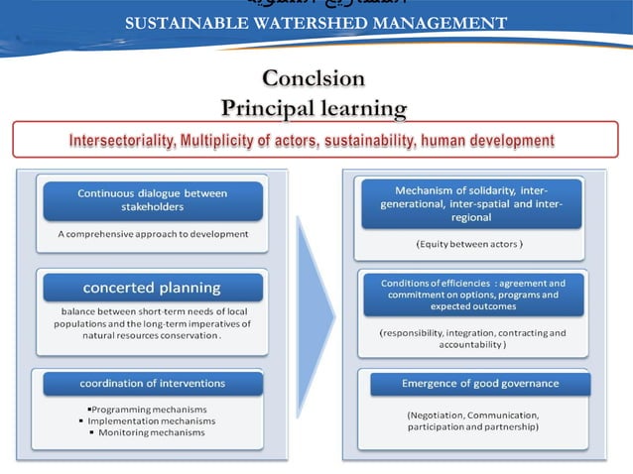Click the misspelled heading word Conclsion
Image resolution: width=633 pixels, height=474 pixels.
pyautogui.click(x=314, y=78)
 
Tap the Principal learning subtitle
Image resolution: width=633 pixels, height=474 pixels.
pyautogui.click(x=314, y=106)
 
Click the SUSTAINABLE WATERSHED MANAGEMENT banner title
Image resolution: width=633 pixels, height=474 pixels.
pyautogui.click(x=316, y=23)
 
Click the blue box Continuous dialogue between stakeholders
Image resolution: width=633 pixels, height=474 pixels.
pyautogui.click(x=153, y=200)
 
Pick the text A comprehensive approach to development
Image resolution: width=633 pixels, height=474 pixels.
pyautogui.click(x=153, y=235)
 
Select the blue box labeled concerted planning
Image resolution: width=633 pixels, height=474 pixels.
pyautogui.click(x=152, y=288)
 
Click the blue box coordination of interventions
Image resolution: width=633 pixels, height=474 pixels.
pyautogui.click(x=153, y=383)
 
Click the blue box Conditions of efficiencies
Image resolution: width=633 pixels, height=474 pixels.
pyautogui.click(x=473, y=295)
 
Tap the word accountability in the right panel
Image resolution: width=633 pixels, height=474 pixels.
pyautogui.click(x=472, y=345)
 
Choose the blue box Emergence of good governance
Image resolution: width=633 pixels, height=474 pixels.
pyautogui.click(x=480, y=383)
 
